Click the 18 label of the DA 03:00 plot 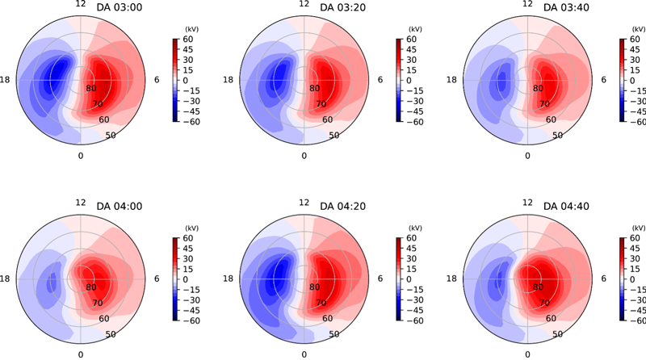point(9,80)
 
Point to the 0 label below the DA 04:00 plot point(80,354)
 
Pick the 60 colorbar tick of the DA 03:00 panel point(185,39)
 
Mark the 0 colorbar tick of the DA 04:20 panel point(408,279)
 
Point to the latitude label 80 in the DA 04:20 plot point(313,287)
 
